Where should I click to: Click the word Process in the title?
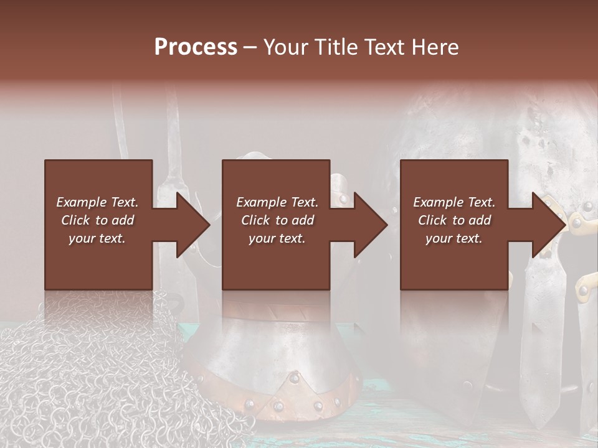(196, 47)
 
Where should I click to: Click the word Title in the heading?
(334, 47)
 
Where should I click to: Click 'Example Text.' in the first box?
(97, 202)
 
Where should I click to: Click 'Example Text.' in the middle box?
(277, 202)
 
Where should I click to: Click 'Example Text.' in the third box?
(454, 202)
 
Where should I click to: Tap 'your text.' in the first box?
(97, 238)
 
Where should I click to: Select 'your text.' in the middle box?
(277, 238)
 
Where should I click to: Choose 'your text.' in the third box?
(454, 238)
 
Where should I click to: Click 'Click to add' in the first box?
(97, 220)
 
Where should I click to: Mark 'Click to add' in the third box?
(454, 220)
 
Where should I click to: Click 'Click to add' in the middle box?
(277, 220)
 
